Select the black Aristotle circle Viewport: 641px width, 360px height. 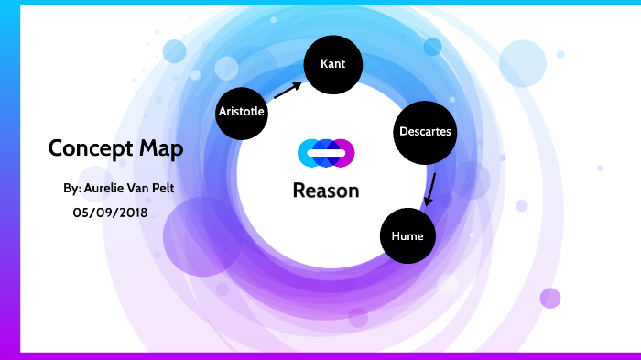tap(242, 112)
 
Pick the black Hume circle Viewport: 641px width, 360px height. tap(407, 235)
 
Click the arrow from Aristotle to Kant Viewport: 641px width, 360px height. tap(288, 90)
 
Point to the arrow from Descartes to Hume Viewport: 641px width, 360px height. tap(429, 189)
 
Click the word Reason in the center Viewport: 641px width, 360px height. tap(326, 191)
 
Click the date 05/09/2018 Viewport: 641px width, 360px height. tap(110, 212)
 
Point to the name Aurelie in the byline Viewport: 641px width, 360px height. tap(113, 188)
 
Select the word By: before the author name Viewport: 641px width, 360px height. tap(72, 188)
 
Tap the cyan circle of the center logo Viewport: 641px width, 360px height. tap(309, 153)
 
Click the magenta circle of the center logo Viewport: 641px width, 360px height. tap(342, 153)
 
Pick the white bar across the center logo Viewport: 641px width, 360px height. tap(326, 152)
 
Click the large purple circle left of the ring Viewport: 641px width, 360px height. tap(201, 236)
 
